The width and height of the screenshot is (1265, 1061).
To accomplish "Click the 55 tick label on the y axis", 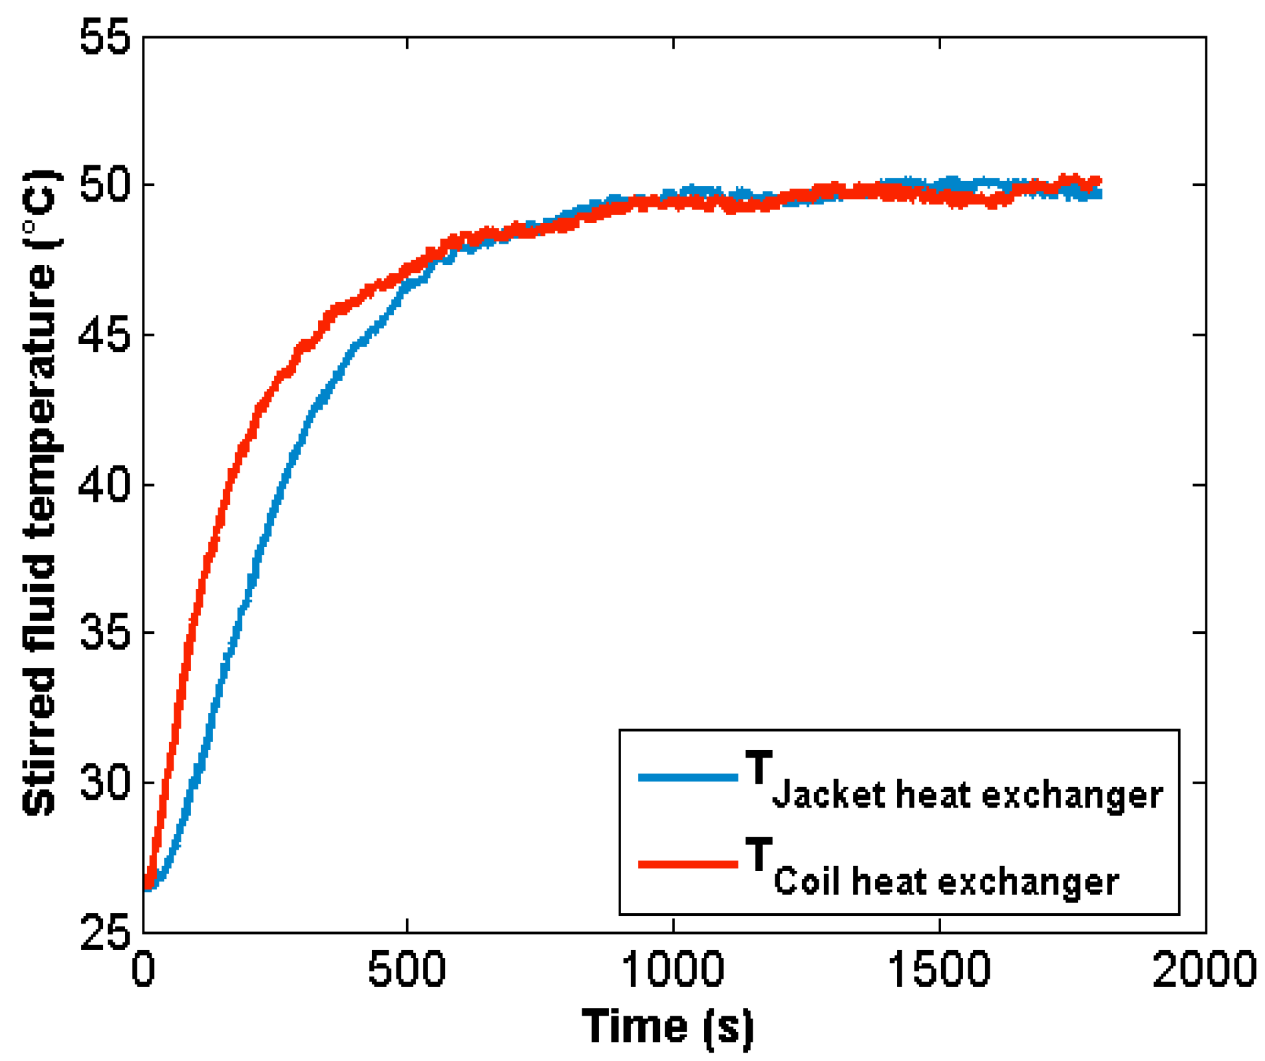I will [x=104, y=38].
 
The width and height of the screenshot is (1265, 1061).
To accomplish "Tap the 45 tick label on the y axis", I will [x=104, y=336].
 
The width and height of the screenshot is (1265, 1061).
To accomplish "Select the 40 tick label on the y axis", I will [x=104, y=485].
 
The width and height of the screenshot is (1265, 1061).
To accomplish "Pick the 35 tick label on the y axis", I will [x=104, y=633].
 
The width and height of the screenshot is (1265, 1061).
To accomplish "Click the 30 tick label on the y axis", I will [x=104, y=783].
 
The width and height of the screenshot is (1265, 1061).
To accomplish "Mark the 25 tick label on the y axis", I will [x=104, y=933].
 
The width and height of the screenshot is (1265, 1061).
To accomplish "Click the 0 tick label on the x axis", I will [x=143, y=970].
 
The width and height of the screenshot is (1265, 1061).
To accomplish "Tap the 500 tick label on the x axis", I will [x=407, y=970].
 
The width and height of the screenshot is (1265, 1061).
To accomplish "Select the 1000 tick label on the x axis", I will [x=673, y=970].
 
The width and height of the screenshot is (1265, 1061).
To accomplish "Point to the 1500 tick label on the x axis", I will [x=939, y=970].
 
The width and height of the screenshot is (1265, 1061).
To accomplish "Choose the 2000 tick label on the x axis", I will [x=1205, y=970].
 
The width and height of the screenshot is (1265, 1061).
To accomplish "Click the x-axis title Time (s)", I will [x=668, y=1027].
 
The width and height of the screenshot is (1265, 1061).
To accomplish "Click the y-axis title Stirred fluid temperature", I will [x=40, y=493].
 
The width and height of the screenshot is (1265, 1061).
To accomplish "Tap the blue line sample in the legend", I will [x=688, y=777].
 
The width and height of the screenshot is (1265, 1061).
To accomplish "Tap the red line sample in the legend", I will [x=688, y=864].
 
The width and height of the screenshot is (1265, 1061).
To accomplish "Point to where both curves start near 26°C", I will [x=148, y=885].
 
